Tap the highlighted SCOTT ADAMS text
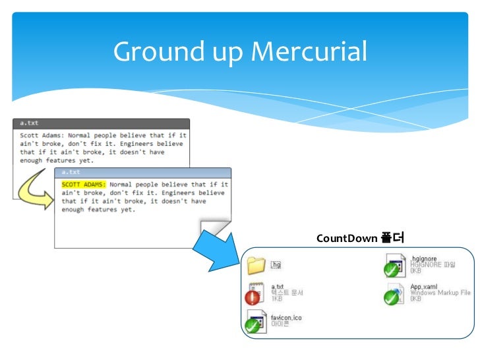[84, 185]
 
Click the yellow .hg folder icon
[255, 266]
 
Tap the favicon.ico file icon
[256, 323]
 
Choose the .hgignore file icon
[394, 266]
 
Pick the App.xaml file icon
[394, 295]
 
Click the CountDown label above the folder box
[346, 238]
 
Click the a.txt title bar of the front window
[142, 172]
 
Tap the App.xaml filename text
[425, 287]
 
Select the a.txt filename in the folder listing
[278, 287]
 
